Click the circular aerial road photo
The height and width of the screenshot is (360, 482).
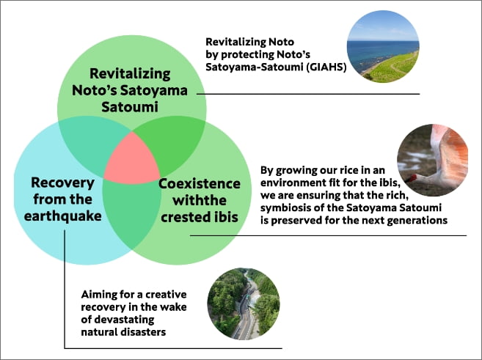coord(244,304)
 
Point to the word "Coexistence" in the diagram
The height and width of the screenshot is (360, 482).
coord(200,182)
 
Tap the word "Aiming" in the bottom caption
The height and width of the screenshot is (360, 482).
coord(99,294)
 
